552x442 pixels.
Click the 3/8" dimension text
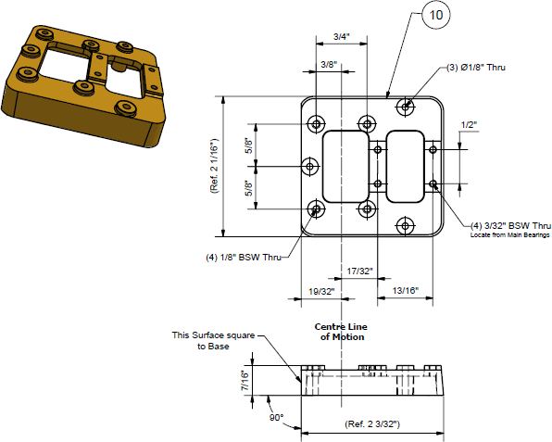[x=328, y=65]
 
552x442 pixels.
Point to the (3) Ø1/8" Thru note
[x=476, y=68]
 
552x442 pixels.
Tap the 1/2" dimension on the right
[x=470, y=125]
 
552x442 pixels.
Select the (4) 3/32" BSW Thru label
[x=510, y=225]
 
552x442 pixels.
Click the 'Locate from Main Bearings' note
[x=510, y=236]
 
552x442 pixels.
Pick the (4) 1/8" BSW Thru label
[x=244, y=257]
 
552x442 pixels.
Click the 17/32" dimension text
[x=359, y=272]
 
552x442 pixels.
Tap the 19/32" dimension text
[x=320, y=291]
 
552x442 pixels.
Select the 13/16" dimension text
[x=405, y=291]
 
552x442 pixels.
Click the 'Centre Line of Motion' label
[x=342, y=332]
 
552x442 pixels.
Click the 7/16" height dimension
[x=245, y=380]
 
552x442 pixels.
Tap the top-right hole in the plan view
[x=406, y=107]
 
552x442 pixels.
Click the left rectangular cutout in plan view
[x=344, y=166]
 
